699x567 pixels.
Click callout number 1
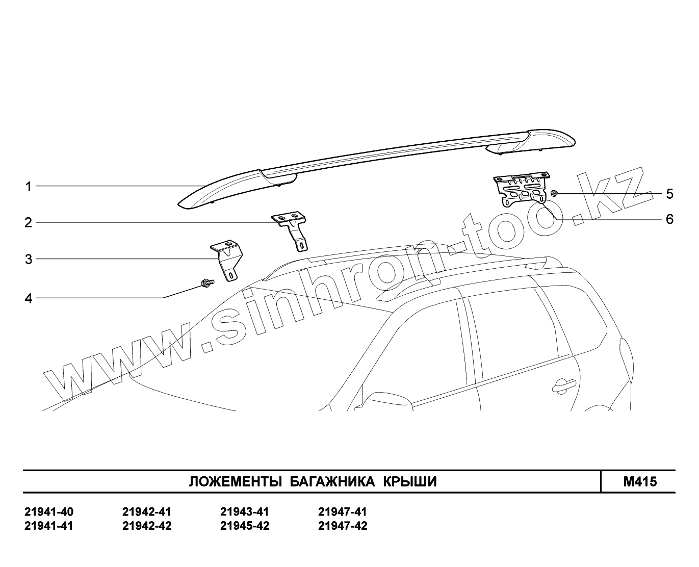(x=29, y=187)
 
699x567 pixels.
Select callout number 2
(x=29, y=222)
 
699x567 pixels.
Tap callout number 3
(x=29, y=259)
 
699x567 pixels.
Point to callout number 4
(x=29, y=298)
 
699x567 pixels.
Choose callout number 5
(x=669, y=194)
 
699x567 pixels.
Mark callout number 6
(x=669, y=219)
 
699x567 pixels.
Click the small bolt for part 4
(x=207, y=283)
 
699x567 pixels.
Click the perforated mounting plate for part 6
(x=522, y=190)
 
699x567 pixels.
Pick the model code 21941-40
(x=49, y=512)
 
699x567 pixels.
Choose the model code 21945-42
(x=245, y=526)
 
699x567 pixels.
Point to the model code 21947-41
(x=343, y=512)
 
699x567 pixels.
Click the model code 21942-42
(x=147, y=526)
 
